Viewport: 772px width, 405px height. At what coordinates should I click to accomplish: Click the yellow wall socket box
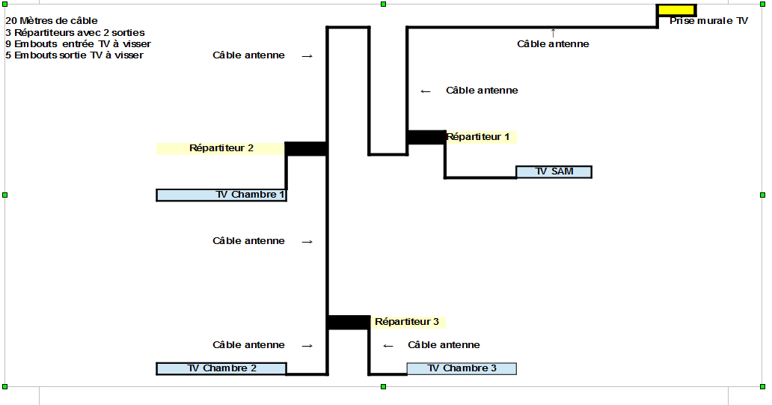click(x=676, y=10)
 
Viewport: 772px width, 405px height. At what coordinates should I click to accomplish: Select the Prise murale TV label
click(x=708, y=21)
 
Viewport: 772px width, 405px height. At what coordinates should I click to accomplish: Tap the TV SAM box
click(x=554, y=171)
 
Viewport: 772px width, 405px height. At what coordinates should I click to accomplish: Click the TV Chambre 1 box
click(x=221, y=195)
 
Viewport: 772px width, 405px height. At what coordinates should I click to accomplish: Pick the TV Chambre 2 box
click(x=221, y=368)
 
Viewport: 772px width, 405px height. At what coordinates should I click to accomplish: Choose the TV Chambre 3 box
click(x=462, y=368)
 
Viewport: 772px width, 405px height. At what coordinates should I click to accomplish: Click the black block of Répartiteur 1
click(x=426, y=138)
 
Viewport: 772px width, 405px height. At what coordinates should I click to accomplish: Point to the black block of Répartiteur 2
click(x=306, y=149)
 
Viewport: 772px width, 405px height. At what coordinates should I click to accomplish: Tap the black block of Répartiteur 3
click(x=348, y=322)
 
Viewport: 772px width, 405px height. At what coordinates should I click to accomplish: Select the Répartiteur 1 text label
click(x=477, y=137)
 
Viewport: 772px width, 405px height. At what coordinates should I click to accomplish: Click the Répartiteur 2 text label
click(x=221, y=148)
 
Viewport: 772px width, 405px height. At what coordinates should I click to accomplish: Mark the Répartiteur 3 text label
click(x=407, y=322)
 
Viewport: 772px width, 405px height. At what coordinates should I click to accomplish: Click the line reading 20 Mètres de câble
click(x=52, y=21)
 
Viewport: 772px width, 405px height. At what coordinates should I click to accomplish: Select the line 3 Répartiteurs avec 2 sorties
click(x=75, y=32)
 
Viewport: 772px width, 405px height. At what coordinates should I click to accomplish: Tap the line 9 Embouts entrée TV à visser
click(x=78, y=44)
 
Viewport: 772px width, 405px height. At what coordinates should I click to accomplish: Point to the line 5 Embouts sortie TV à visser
click(x=74, y=55)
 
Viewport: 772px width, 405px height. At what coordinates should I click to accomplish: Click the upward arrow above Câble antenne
click(x=553, y=33)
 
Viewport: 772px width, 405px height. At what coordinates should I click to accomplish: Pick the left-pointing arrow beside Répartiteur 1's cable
click(x=426, y=91)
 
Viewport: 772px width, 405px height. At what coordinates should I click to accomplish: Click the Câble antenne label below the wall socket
click(x=553, y=44)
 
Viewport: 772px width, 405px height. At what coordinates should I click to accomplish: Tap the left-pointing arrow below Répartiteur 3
click(x=388, y=346)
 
